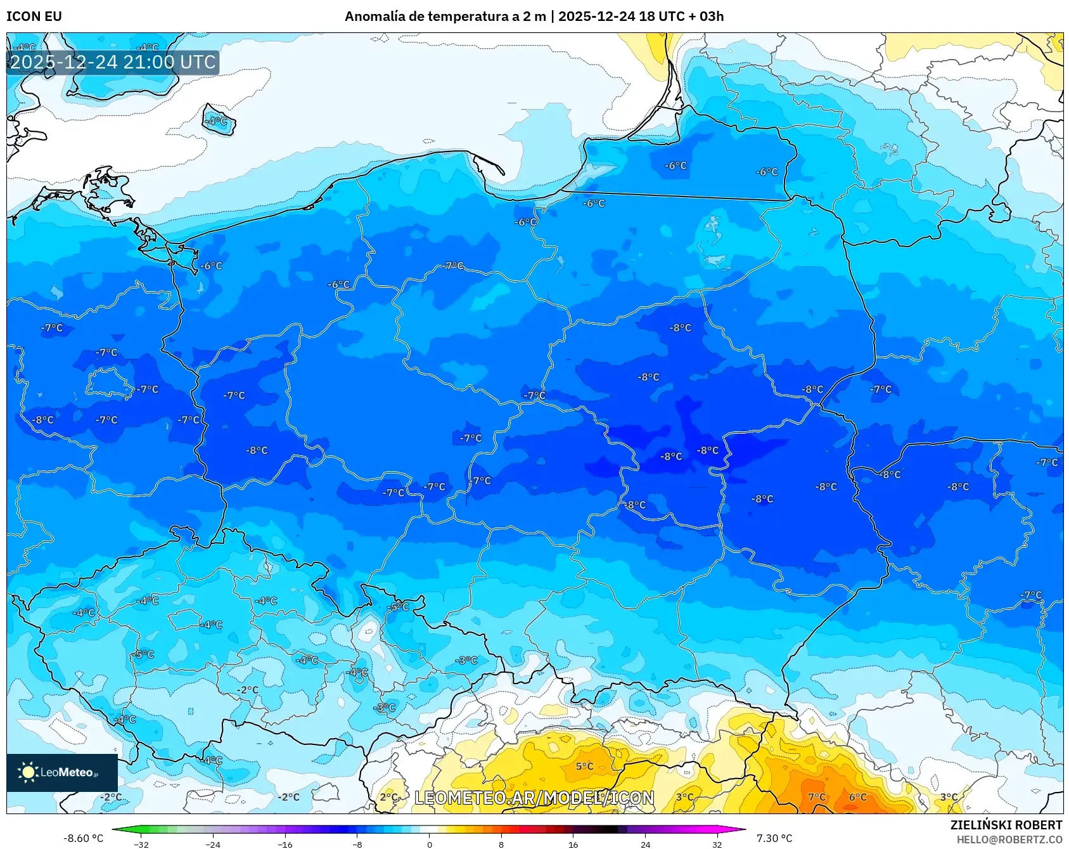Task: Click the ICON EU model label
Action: pyautogui.click(x=34, y=16)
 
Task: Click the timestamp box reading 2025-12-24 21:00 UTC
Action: pyautogui.click(x=113, y=62)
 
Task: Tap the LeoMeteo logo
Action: pyautogui.click(x=61, y=772)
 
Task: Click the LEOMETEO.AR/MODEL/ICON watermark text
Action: pyautogui.click(x=534, y=798)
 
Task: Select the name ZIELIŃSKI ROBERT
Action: pyautogui.click(x=1006, y=825)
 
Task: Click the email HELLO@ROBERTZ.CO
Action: pyautogui.click(x=1009, y=839)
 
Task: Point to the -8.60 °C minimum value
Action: pyautogui.click(x=83, y=838)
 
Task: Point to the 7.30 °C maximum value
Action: pyautogui.click(x=774, y=838)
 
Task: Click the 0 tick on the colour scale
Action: pyautogui.click(x=430, y=845)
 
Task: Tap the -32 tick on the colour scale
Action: pyautogui.click(x=141, y=845)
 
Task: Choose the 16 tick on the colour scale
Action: pyautogui.click(x=573, y=845)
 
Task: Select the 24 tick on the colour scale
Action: pyautogui.click(x=645, y=845)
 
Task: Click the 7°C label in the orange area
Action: pyautogui.click(x=817, y=797)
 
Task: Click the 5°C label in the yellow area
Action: pyautogui.click(x=584, y=766)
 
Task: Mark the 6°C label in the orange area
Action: pyautogui.click(x=857, y=797)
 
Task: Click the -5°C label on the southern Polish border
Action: pyautogui.click(x=399, y=607)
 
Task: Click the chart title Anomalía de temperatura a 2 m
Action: pyautogui.click(x=445, y=16)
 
